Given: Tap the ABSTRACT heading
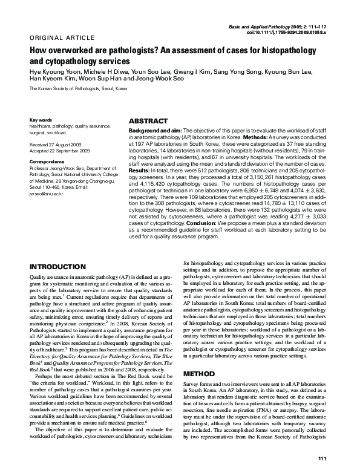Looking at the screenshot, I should [x=149, y=121].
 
